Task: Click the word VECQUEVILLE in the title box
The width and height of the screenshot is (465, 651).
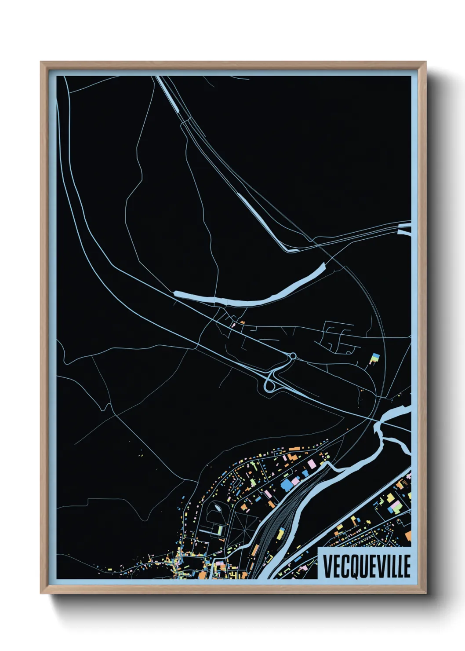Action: tap(367, 566)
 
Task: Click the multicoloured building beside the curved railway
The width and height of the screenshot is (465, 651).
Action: tap(374, 358)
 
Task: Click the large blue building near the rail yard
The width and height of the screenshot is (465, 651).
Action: tap(286, 484)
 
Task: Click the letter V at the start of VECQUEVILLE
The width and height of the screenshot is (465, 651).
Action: tap(327, 567)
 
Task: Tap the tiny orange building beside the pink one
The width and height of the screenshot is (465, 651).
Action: tap(242, 322)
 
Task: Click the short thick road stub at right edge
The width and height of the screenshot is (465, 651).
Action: tap(404, 230)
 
